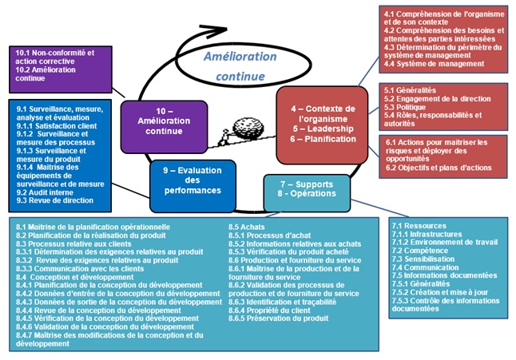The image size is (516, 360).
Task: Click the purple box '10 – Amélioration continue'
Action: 164,127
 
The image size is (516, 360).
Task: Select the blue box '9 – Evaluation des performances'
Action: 193,186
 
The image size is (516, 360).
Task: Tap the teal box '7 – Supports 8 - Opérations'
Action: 307,193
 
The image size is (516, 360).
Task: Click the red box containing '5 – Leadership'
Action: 322,125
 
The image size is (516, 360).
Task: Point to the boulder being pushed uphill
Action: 248,127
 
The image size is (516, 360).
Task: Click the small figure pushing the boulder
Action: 224,138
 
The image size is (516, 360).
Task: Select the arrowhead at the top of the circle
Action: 214,30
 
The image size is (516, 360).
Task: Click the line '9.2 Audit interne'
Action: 45,192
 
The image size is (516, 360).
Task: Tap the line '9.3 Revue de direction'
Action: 55,200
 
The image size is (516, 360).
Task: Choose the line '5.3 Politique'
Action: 404,107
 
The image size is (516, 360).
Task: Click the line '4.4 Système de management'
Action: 434,64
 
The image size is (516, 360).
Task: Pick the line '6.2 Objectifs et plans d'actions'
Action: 439,168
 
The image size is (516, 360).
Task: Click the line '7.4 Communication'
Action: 425,267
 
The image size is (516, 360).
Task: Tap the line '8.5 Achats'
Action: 247,227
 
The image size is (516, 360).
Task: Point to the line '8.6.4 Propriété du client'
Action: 269,311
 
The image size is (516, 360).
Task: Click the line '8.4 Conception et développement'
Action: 75,277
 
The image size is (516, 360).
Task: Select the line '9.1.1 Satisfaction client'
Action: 57,126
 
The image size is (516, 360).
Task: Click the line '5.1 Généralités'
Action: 410,90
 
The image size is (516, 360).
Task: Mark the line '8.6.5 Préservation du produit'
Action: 279,318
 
